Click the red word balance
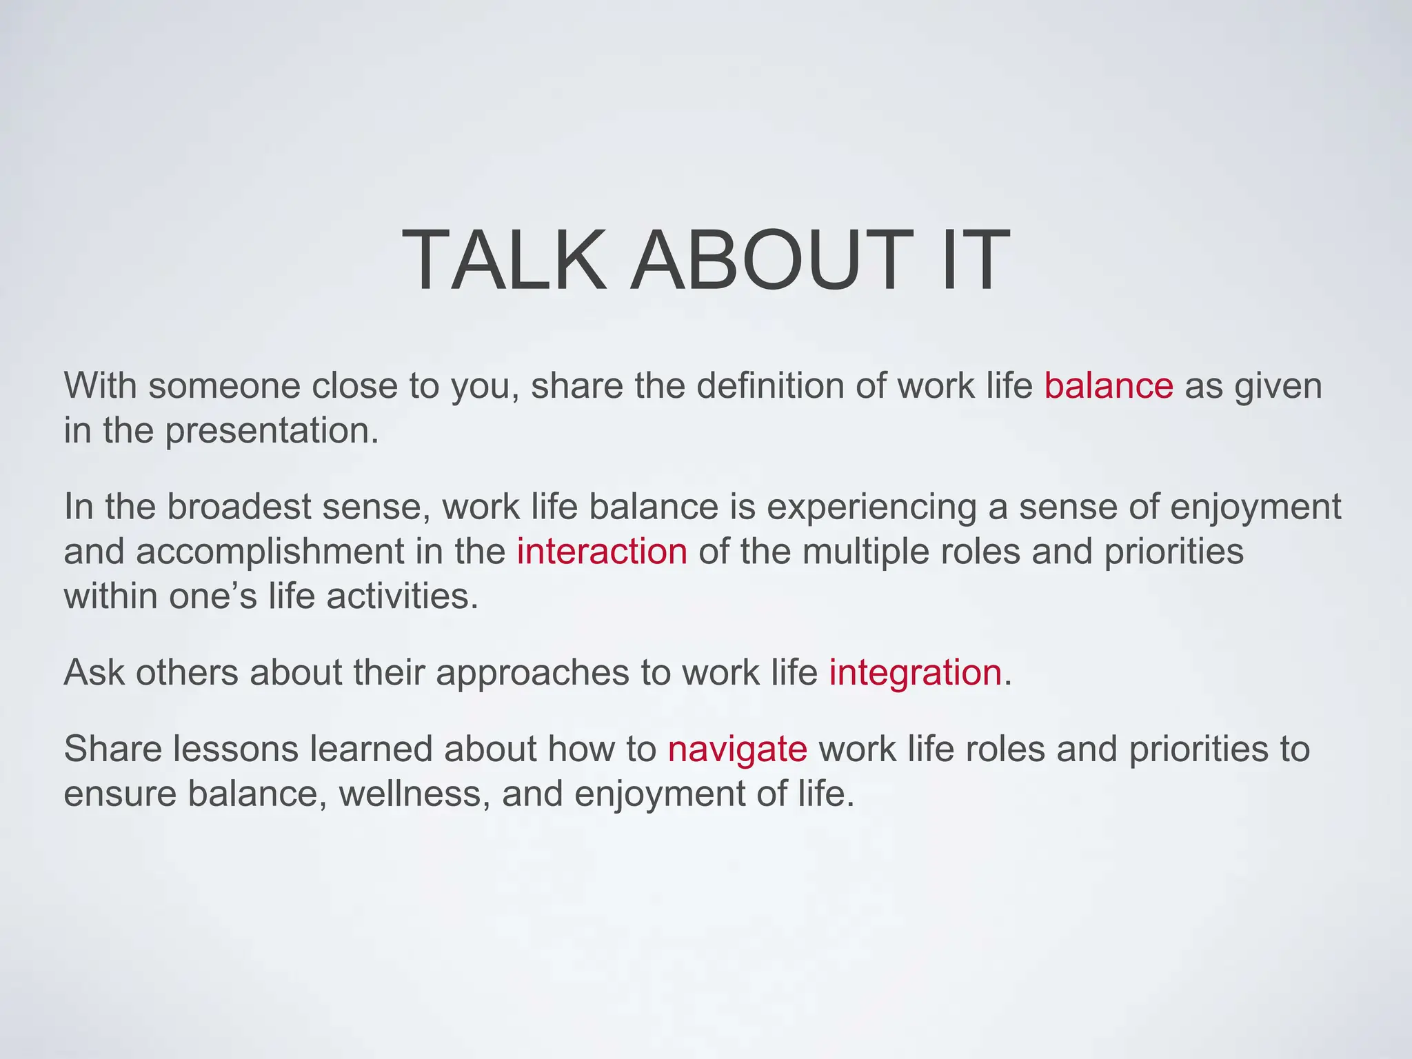[1108, 386]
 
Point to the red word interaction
[602, 552]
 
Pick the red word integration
[915, 672]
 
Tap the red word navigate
[737, 749]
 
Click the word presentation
[272, 432]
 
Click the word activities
[402, 596]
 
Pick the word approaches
[532, 674]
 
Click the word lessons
[234, 749]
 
